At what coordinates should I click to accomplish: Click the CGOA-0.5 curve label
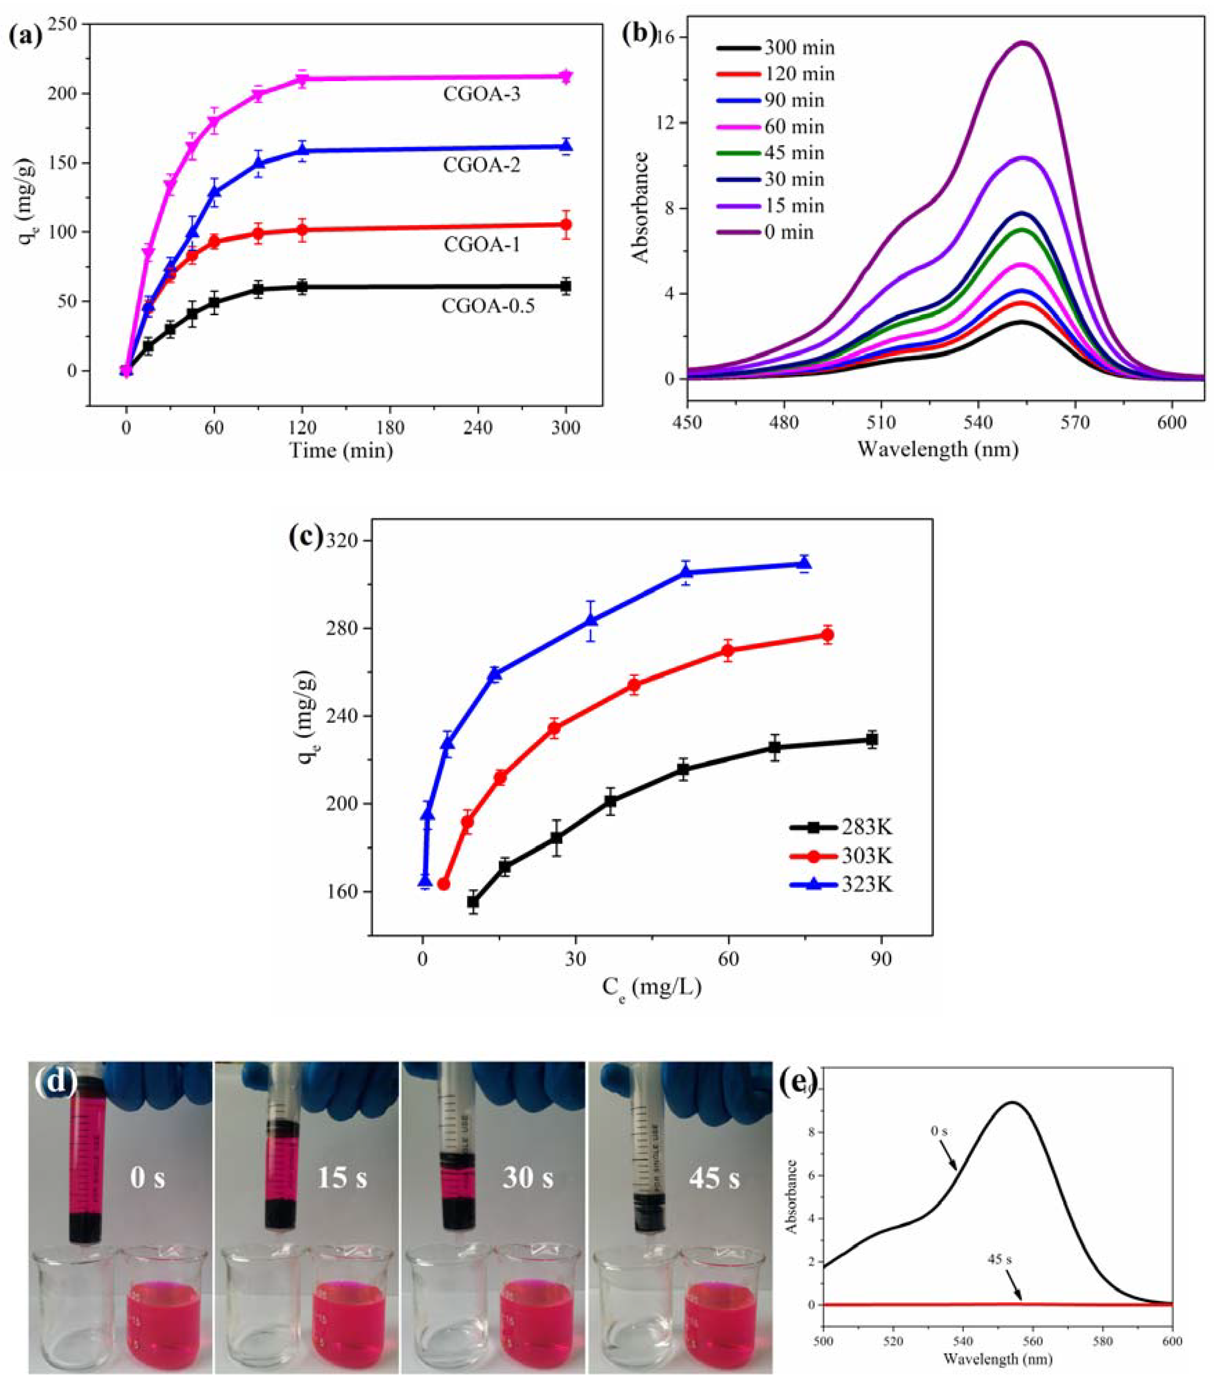pyautogui.click(x=488, y=306)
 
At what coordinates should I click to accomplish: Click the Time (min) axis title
pyautogui.click(x=341, y=451)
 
